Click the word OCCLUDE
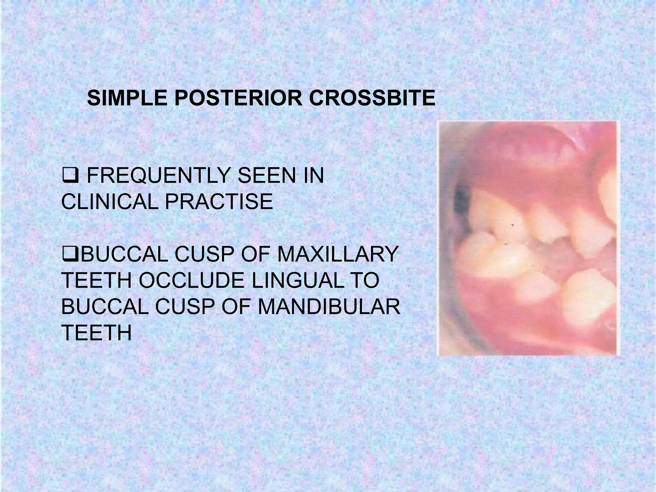(191, 281)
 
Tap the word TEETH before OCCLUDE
(96, 281)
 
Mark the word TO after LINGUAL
(366, 281)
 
